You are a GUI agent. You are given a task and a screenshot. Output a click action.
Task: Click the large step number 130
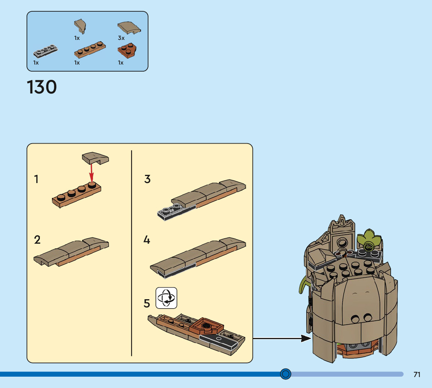tap(42, 87)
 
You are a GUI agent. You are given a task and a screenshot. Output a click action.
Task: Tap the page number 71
tap(417, 374)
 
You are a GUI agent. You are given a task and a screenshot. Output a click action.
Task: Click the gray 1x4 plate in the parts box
tap(46, 50)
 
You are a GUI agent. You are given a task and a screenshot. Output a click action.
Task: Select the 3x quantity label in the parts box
tap(121, 38)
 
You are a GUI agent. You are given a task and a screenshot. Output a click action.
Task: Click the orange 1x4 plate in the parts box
tap(90, 50)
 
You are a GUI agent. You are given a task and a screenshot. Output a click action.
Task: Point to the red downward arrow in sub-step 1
tap(91, 172)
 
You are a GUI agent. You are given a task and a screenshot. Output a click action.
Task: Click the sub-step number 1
tap(36, 180)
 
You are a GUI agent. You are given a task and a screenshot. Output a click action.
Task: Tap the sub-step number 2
tap(37, 239)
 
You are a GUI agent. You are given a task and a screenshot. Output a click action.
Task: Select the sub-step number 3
tap(147, 179)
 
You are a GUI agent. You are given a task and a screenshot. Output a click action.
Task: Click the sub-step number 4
tap(147, 239)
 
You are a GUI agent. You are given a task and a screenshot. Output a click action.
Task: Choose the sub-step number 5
tap(147, 303)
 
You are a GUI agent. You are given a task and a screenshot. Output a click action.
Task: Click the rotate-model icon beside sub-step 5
tap(166, 298)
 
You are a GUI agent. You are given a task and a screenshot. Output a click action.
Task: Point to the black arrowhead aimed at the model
tap(306, 338)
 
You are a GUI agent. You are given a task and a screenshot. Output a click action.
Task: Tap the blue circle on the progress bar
tap(286, 374)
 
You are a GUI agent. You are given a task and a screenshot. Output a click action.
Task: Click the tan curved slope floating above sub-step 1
tap(95, 158)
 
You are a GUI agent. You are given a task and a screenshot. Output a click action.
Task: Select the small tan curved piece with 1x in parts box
tap(80, 26)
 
